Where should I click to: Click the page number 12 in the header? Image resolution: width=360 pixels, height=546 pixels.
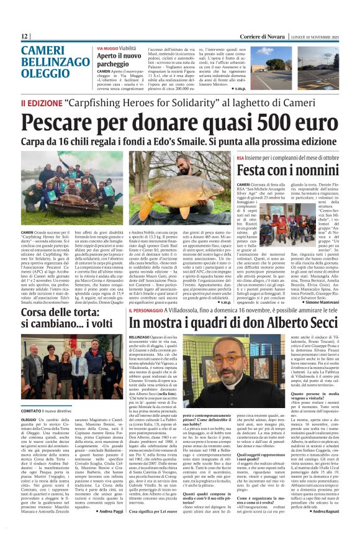click(25, 36)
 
